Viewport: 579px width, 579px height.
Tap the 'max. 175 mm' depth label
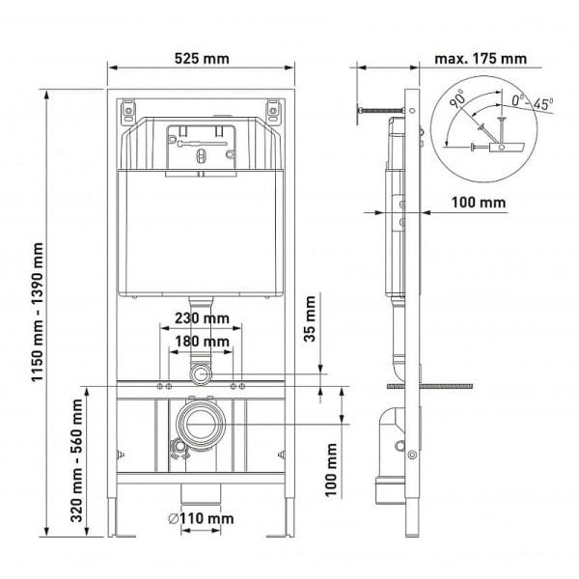pyautogui.click(x=481, y=59)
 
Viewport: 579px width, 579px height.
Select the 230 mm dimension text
pyautogui.click(x=202, y=317)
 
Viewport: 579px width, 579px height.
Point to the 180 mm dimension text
pyautogui.click(x=202, y=342)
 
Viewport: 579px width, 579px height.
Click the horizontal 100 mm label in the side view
pyautogui.click(x=479, y=202)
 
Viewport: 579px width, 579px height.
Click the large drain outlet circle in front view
pyautogui.click(x=201, y=422)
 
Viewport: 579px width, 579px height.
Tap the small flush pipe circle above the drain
pyautogui.click(x=202, y=374)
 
